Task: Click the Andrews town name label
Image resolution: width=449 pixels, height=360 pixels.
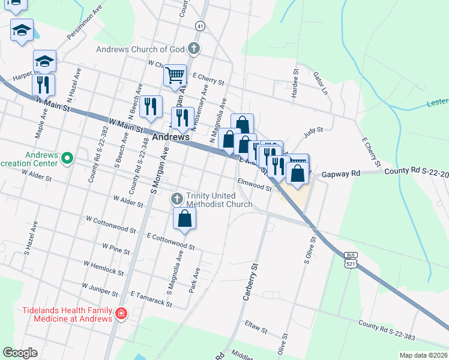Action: pos(171,137)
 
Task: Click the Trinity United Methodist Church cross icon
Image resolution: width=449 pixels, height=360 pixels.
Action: pos(177,199)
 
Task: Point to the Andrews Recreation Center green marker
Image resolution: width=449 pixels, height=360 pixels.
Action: pos(67,158)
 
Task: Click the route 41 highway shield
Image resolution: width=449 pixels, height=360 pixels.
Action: pos(199,26)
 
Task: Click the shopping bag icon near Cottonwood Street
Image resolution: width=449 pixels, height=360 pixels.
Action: pos(185,220)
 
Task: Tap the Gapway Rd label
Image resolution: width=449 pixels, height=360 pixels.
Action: pos(340,173)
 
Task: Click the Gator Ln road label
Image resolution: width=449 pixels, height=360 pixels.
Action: pos(321,84)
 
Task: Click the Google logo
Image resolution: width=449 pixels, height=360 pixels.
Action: pos(20,353)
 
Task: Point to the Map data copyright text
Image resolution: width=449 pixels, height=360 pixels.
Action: pos(423,355)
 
